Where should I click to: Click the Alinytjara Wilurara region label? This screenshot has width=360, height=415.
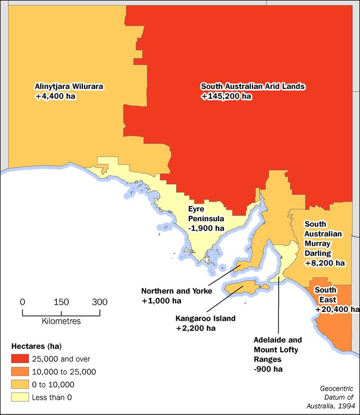pyautogui.click(x=69, y=86)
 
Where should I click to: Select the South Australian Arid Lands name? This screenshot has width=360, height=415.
pyautogui.click(x=253, y=86)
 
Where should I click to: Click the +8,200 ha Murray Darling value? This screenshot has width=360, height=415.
pyautogui.click(x=325, y=263)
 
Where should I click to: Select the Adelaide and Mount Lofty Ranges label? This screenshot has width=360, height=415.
pyautogui.click(x=277, y=349)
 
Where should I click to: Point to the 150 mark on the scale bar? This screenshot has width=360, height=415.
pyautogui.click(x=61, y=302)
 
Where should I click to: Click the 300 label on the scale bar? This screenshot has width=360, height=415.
pyautogui.click(x=100, y=302)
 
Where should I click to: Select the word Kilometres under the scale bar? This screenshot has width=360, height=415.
pyautogui.click(x=61, y=321)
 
